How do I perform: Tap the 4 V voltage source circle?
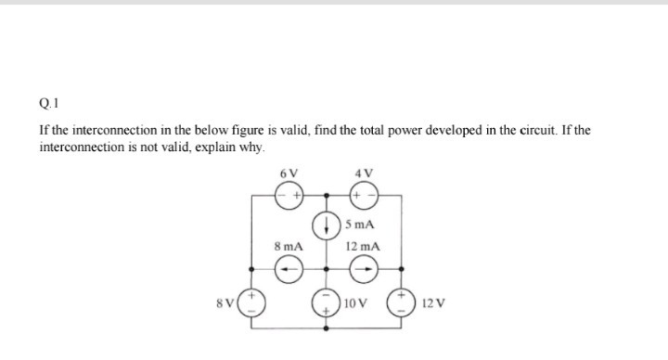point(361,196)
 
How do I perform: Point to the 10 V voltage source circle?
point(326,303)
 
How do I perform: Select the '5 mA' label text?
point(358,225)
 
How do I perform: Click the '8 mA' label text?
point(289,247)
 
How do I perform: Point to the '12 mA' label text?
point(362,247)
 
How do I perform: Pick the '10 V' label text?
point(355,304)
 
